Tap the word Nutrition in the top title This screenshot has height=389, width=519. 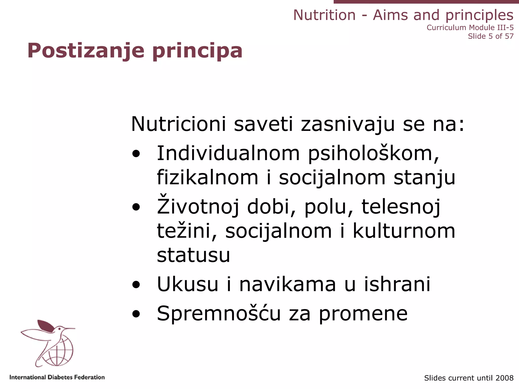324,15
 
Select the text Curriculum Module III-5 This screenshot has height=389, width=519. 470,27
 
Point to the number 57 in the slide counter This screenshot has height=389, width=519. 509,36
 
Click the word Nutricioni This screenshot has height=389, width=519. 178,124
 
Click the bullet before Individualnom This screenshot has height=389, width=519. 136,154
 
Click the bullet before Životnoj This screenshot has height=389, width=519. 136,207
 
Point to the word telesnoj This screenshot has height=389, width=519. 401,207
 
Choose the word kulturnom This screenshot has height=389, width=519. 404,231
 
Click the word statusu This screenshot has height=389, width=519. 193,255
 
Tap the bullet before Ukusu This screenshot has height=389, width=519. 136,285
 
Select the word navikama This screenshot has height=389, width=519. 288,284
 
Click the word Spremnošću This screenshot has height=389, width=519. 219,314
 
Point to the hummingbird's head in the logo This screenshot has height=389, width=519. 60,329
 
